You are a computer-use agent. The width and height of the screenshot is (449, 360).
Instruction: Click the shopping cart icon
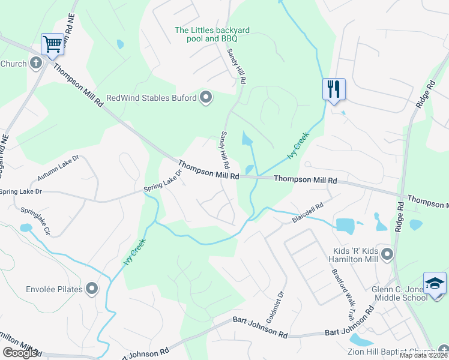coord(53,43)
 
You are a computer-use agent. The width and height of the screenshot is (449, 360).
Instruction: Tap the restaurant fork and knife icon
coord(333,89)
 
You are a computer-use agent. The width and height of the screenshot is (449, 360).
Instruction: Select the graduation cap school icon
coord(435,283)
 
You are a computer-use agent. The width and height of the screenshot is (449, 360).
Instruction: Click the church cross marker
coord(35,64)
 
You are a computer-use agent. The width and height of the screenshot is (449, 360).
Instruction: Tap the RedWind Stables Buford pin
coord(206,97)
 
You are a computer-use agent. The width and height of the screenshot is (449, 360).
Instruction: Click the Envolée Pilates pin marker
coord(92,289)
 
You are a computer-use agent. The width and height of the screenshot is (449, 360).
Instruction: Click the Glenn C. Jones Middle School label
coord(399,293)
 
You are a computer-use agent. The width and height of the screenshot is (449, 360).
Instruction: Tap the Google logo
coord(20,353)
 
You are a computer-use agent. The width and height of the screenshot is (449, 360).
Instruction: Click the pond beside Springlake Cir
coord(25,228)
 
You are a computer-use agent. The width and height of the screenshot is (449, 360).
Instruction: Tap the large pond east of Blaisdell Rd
coord(345,226)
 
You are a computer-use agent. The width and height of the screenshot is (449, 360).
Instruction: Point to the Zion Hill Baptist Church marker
coord(443,351)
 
